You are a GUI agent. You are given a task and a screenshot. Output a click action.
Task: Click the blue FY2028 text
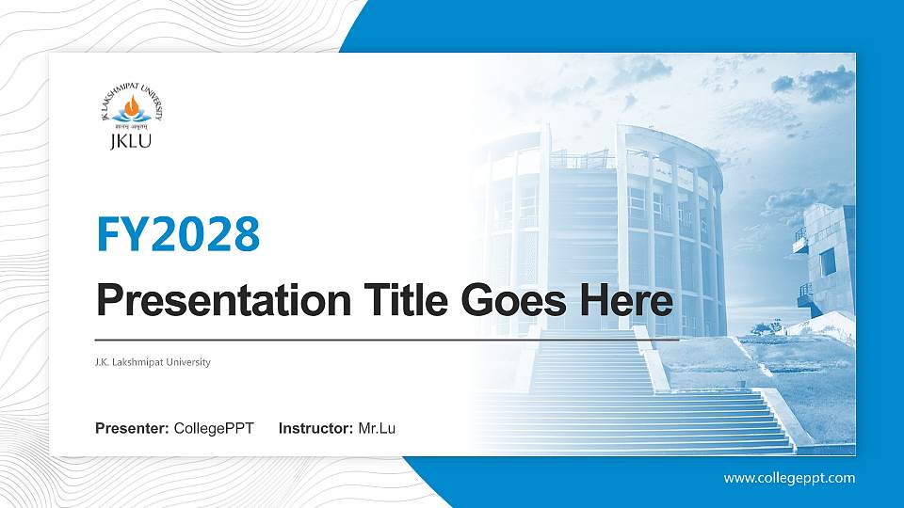click(x=178, y=234)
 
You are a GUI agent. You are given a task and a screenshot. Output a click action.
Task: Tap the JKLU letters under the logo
click(x=132, y=142)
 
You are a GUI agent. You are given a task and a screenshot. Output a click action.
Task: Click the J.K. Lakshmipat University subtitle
click(x=153, y=362)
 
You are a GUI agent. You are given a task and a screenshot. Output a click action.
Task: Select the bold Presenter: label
click(x=133, y=429)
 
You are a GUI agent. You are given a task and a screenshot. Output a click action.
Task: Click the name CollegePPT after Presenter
click(x=214, y=429)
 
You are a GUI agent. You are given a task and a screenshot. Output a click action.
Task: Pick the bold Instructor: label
click(x=316, y=429)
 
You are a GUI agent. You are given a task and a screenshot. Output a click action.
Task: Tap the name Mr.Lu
click(x=377, y=429)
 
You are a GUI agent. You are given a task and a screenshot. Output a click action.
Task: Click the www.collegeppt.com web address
click(x=789, y=478)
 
